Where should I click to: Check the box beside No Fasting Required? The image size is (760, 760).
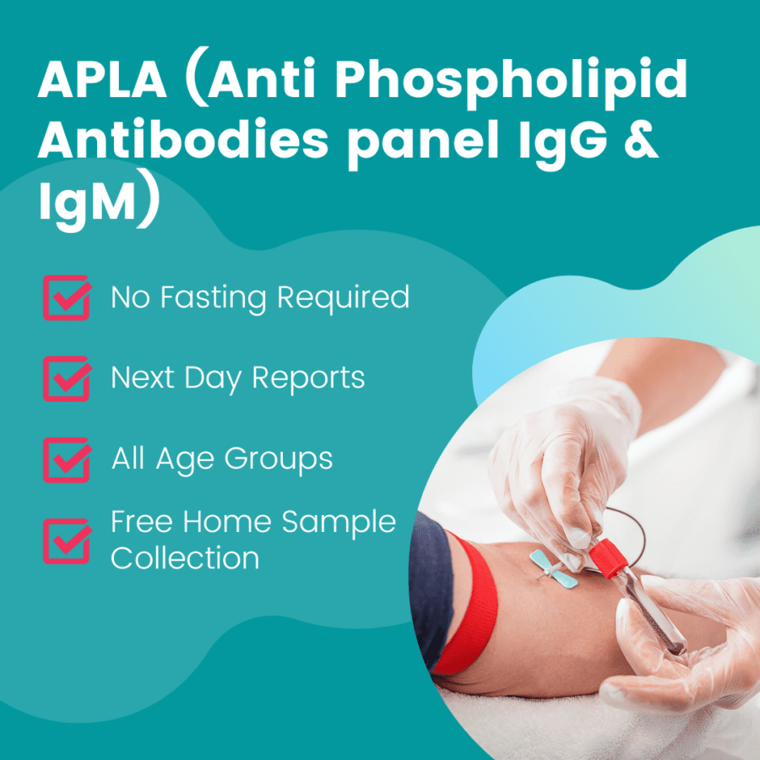[x=67, y=298]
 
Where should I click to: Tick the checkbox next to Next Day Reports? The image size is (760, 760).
[x=67, y=377]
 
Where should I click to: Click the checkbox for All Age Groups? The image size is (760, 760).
[x=67, y=459]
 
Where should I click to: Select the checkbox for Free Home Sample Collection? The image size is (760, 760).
[x=67, y=540]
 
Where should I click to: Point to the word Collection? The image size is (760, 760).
[x=185, y=558]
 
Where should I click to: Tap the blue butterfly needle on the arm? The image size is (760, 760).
[x=553, y=567]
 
